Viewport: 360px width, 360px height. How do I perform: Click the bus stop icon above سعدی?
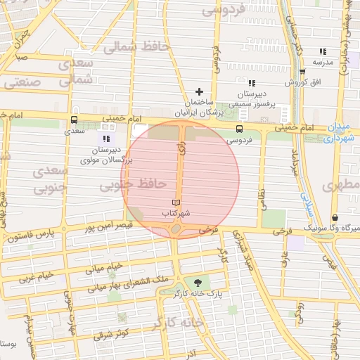click(74, 120)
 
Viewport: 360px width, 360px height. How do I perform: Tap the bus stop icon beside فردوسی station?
click(240, 129)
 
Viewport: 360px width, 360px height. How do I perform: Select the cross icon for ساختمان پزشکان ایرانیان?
click(200, 91)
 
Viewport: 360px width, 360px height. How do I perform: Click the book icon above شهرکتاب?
click(176, 202)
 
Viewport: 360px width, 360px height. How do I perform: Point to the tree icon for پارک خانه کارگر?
click(206, 281)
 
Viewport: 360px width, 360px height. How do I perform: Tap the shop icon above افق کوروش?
click(302, 72)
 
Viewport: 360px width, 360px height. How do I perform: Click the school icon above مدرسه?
click(323, 52)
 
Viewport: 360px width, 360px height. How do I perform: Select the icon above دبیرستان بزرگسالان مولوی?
click(106, 139)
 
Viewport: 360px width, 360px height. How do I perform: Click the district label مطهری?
click(340, 186)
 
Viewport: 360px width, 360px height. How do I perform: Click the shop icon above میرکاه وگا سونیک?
click(335, 218)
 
